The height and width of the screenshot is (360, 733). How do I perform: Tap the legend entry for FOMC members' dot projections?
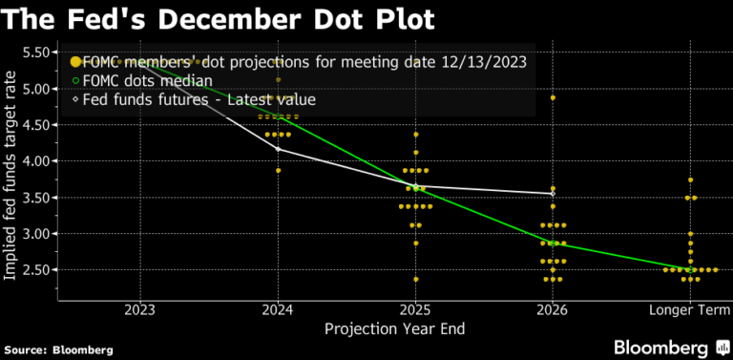(304, 62)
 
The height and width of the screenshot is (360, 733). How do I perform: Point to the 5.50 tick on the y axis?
(36, 52)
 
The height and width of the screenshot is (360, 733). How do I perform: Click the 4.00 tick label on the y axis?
(36, 161)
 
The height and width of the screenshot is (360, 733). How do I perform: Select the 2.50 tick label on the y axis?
(36, 270)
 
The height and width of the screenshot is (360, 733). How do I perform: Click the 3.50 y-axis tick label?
(36, 198)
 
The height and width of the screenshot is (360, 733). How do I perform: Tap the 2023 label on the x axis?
(140, 310)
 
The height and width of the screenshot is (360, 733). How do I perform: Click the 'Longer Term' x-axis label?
(689, 310)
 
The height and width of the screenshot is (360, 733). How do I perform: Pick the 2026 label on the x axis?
(553, 310)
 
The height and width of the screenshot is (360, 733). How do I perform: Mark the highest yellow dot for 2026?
(553, 98)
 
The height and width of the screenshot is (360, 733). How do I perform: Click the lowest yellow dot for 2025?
(415, 279)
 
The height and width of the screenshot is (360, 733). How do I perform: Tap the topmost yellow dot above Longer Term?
(690, 180)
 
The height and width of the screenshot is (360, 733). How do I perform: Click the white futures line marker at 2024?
(278, 149)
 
